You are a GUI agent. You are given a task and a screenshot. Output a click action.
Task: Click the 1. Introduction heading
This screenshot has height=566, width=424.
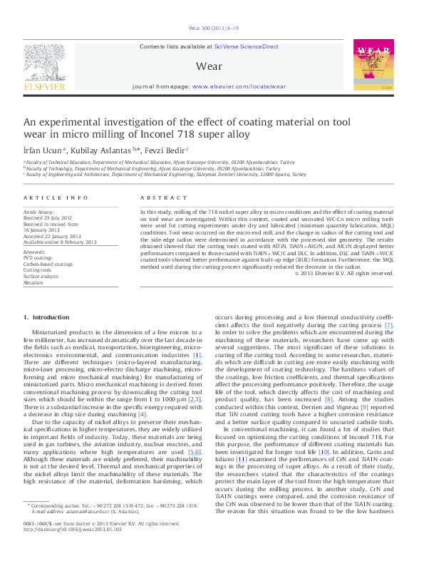click(46, 317)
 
